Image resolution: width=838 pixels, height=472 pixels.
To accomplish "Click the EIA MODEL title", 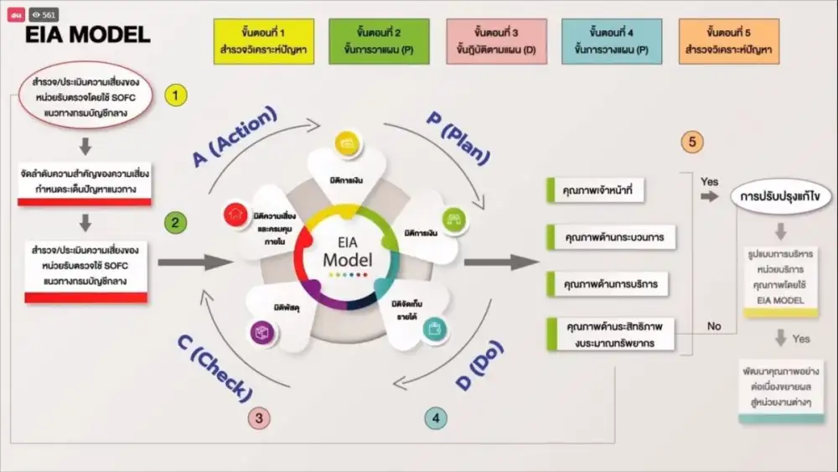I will [x=88, y=35].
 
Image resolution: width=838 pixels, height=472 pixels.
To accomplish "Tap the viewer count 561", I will [x=44, y=14].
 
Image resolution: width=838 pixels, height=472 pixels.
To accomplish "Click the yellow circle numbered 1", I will [x=175, y=96].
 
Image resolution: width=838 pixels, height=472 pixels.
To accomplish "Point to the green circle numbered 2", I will [x=175, y=223].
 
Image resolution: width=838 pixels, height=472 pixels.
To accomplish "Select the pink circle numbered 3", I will [x=259, y=418].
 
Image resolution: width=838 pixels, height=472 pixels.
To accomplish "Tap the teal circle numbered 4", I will [x=435, y=418].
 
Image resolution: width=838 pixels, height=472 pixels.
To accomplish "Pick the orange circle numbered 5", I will [x=691, y=143].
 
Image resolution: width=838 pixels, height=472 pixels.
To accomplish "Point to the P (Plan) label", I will [x=458, y=136].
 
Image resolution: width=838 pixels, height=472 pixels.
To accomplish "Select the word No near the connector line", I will [x=713, y=326].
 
